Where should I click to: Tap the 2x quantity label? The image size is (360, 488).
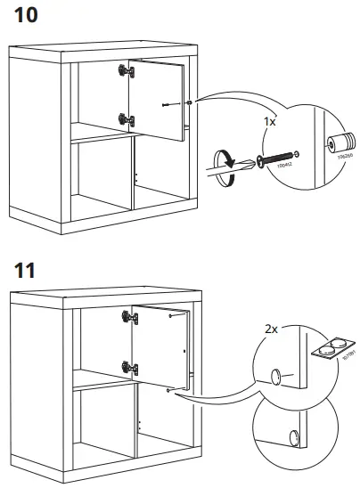(x=272, y=329)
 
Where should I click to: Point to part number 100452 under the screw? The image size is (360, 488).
(x=285, y=168)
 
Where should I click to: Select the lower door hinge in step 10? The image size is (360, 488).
(x=126, y=118)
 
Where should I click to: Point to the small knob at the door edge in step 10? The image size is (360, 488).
(x=190, y=103)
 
